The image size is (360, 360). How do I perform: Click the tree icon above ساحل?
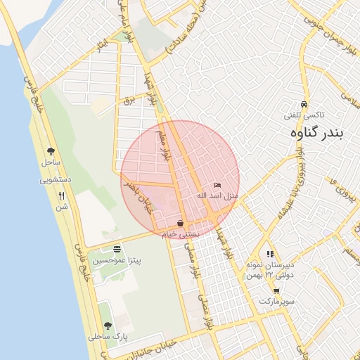click(x=51, y=150)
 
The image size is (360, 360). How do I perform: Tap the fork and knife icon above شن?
click(x=62, y=196)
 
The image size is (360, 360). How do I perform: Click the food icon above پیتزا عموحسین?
click(x=117, y=249)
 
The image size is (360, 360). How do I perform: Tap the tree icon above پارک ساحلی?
click(x=107, y=326)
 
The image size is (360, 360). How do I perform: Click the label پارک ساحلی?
click(x=105, y=337)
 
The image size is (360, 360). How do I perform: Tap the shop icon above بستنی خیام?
click(x=181, y=223)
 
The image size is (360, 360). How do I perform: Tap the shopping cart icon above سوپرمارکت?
click(x=276, y=291)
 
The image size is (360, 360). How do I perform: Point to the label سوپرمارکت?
click(x=274, y=302)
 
